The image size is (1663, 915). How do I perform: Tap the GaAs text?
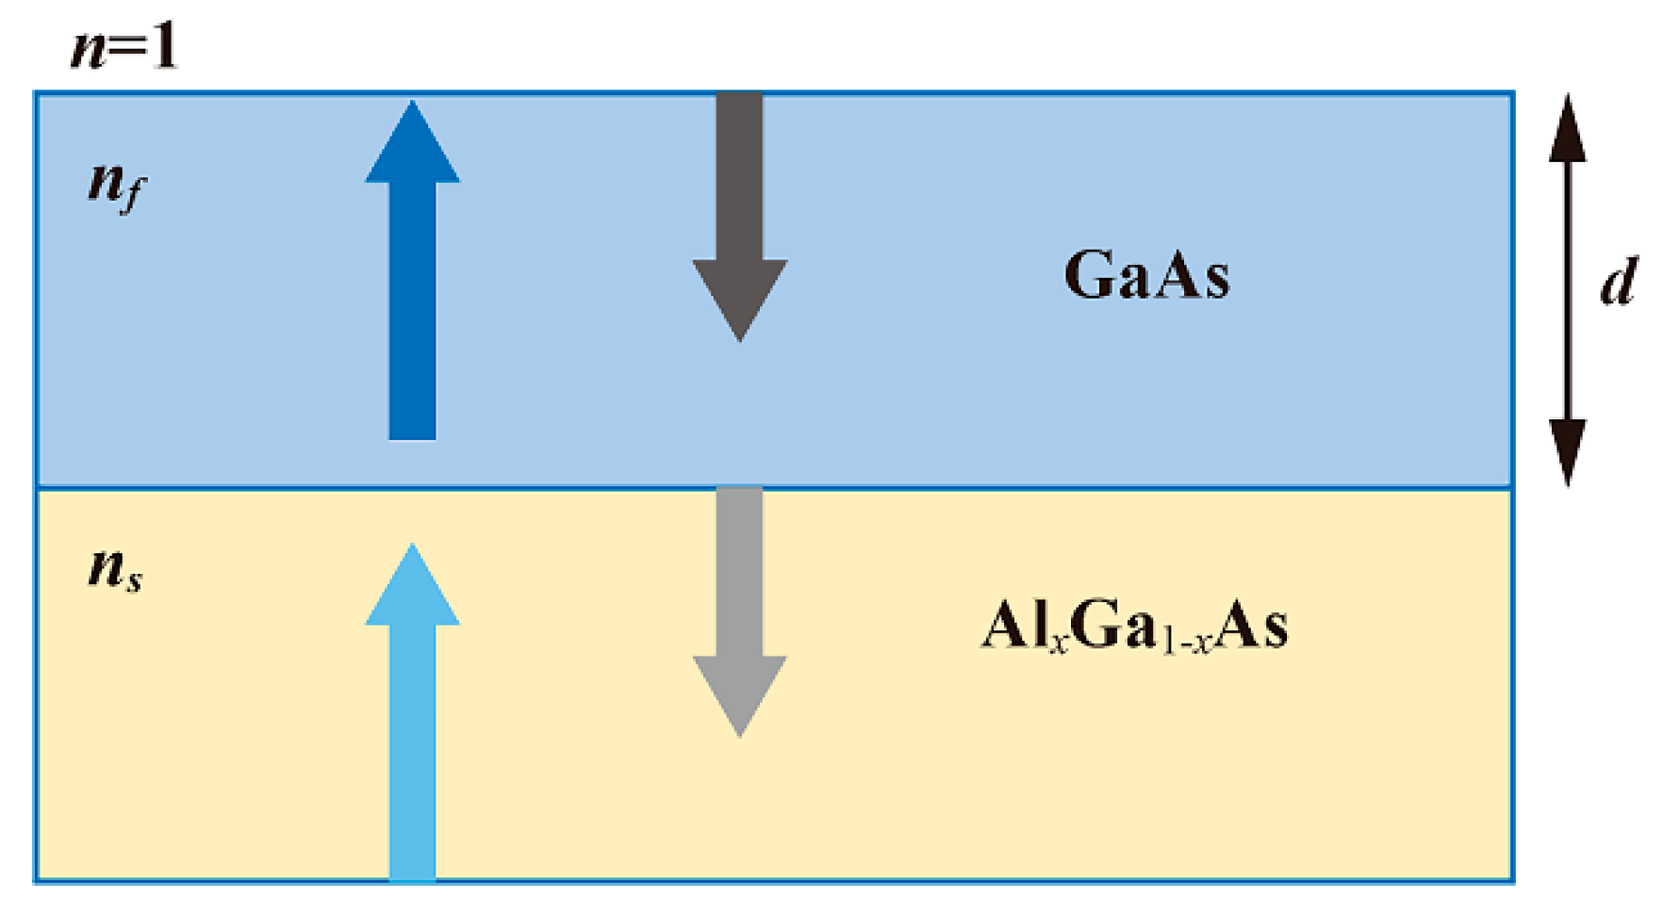pyautogui.click(x=1146, y=275)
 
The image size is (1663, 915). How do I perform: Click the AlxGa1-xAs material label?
pyautogui.click(x=1134, y=626)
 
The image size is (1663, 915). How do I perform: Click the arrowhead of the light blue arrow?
pyautogui.click(x=412, y=589)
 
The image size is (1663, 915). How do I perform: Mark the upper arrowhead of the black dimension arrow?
pyautogui.click(x=1568, y=132)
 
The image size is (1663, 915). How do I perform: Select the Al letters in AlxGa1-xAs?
pyautogui.click(x=1013, y=624)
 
